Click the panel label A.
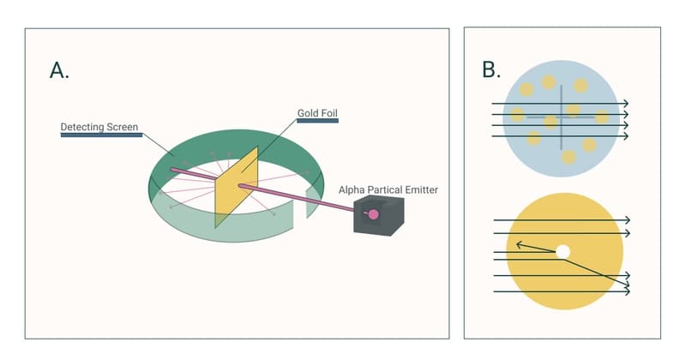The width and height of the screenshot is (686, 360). [x=59, y=70]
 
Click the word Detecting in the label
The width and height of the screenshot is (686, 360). [x=82, y=127]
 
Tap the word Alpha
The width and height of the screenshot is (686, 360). [x=353, y=189]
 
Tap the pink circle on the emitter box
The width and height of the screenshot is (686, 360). [x=373, y=213]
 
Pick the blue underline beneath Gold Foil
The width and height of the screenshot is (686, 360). [x=318, y=121]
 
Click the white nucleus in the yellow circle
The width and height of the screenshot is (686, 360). [x=563, y=251]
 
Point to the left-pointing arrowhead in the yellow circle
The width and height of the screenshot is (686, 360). [x=517, y=245]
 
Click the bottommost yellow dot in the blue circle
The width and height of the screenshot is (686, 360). [x=568, y=157]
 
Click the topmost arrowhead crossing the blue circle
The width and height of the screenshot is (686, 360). [x=625, y=104]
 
